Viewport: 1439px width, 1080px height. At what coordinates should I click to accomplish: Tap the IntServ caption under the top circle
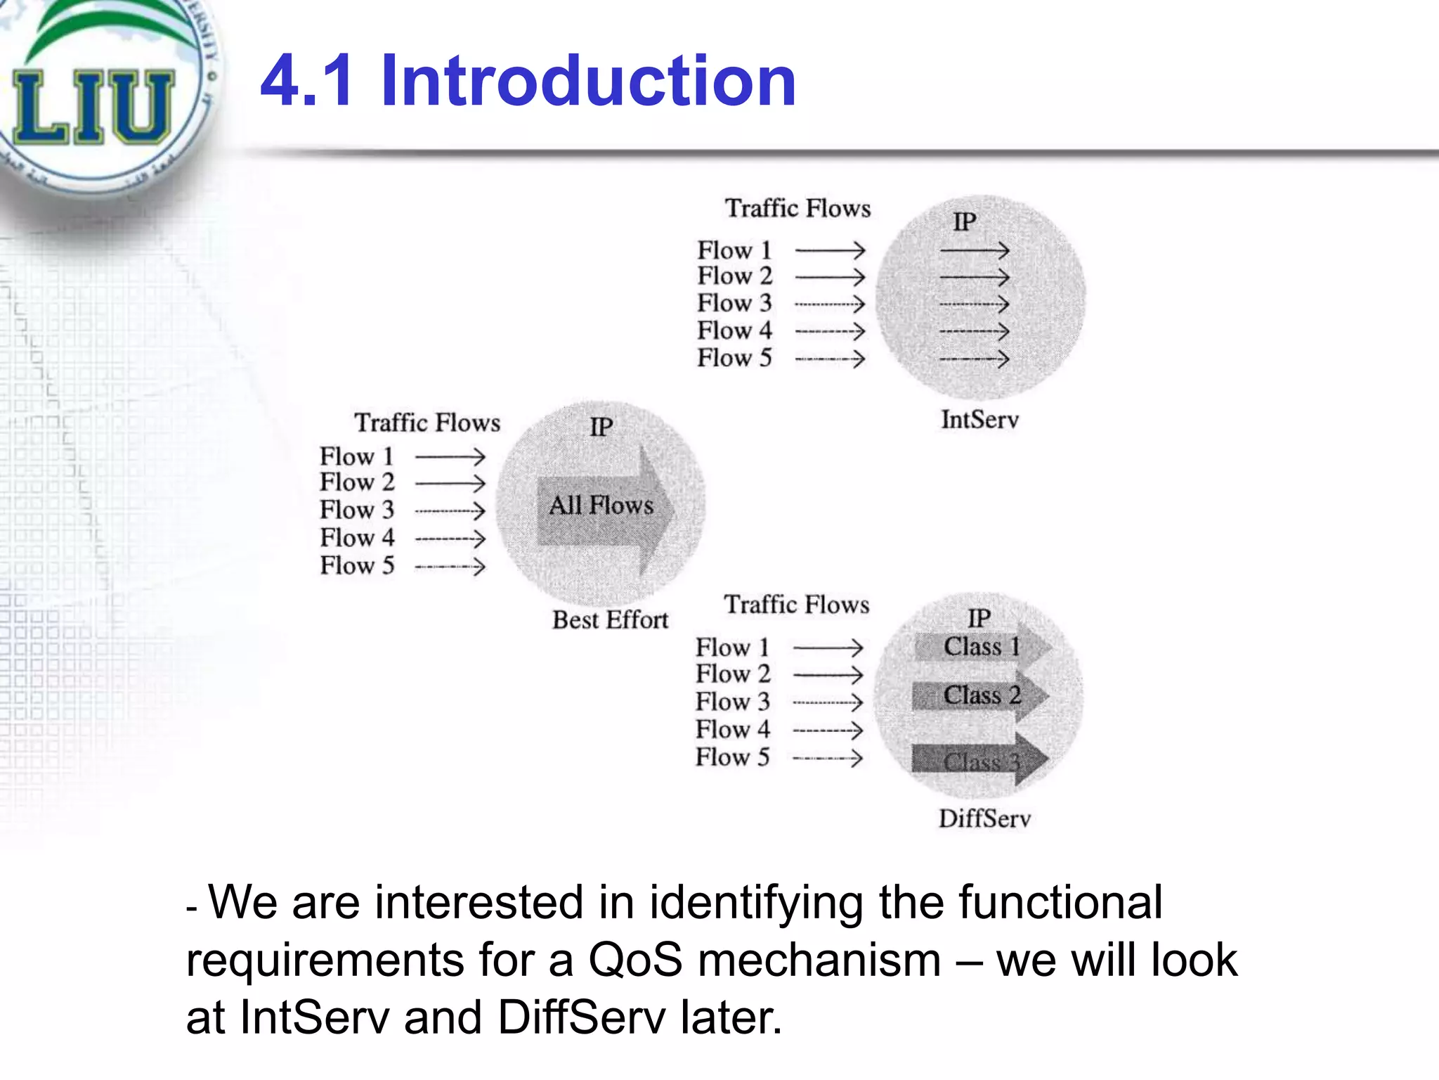[x=979, y=420]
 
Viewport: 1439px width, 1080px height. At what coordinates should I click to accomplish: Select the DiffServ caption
[x=984, y=818]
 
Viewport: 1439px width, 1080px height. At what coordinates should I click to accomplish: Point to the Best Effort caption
[x=610, y=620]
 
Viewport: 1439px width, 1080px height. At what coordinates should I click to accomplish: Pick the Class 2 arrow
[x=981, y=695]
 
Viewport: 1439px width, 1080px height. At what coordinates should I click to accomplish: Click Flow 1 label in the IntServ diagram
[x=734, y=250]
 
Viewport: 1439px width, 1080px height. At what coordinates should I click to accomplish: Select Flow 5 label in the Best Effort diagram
[x=357, y=565]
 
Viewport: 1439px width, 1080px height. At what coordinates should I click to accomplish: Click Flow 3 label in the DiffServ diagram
[x=733, y=702]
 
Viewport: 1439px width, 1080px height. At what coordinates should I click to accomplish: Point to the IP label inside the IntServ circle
[x=964, y=222]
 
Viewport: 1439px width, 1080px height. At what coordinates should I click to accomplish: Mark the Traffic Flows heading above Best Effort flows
[x=427, y=423]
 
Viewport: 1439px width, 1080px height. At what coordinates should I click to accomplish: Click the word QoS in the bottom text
[x=635, y=960]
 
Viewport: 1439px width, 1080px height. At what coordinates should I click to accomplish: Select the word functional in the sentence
[x=1060, y=902]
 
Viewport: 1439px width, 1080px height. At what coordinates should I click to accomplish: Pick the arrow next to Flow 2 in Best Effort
[x=450, y=483]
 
